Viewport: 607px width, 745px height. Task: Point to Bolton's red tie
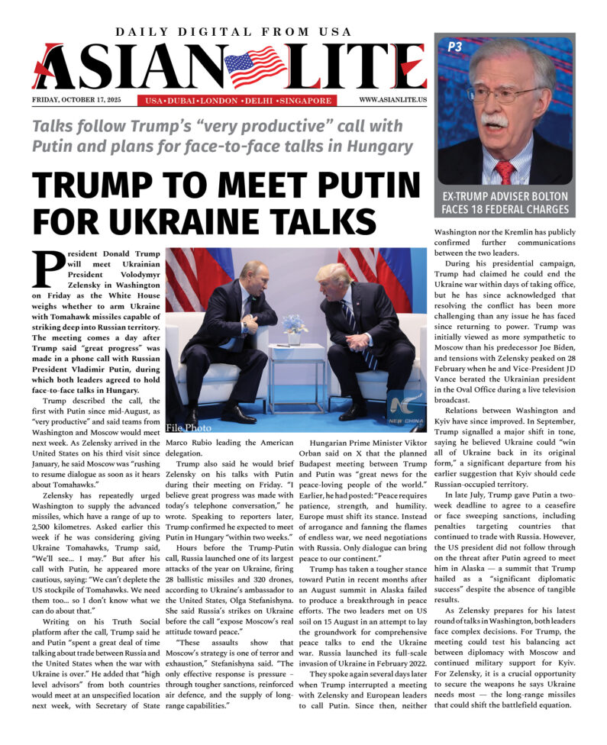point(504,170)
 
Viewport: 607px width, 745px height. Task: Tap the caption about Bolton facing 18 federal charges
point(503,202)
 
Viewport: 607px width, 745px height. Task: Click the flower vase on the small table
point(293,328)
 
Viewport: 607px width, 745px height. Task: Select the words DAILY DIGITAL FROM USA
point(234,32)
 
